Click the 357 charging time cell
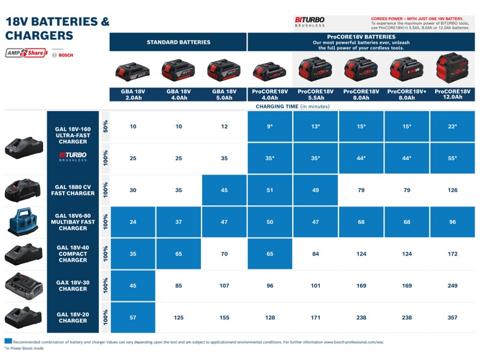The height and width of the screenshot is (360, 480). (452, 317)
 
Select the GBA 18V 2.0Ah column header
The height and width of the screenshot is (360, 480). (133, 94)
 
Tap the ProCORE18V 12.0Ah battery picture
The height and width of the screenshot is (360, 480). (452, 68)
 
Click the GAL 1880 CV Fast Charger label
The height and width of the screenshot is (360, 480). (73, 190)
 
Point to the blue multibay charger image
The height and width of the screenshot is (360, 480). (23, 222)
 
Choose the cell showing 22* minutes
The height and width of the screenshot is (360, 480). (452, 127)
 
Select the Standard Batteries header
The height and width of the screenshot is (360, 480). (178, 42)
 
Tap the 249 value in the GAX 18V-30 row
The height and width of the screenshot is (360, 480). (452, 286)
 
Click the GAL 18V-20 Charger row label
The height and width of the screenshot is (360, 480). (73, 317)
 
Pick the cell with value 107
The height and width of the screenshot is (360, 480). (224, 286)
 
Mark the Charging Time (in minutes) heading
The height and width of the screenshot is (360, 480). (293, 106)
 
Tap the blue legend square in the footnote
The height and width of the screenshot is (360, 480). (7, 341)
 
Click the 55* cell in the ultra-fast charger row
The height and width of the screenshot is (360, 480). (452, 158)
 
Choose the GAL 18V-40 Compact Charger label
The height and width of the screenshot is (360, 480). (73, 254)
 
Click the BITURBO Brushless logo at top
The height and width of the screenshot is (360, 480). (310, 22)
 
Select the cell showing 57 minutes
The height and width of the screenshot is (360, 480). (133, 317)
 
